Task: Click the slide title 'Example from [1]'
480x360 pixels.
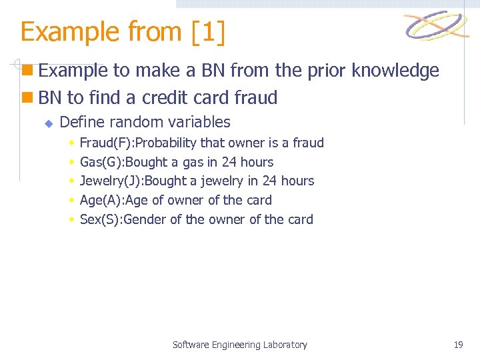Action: [x=123, y=32]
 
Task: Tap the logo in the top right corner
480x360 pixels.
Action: [x=437, y=27]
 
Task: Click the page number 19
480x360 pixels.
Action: [x=458, y=345]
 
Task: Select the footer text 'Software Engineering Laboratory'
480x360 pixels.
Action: [x=239, y=345]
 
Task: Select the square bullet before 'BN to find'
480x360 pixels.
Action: [x=27, y=98]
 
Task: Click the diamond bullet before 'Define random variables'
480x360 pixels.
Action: [x=48, y=123]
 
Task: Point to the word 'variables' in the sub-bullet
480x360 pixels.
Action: [x=201, y=122]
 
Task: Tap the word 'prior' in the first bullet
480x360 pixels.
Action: [x=323, y=71]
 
